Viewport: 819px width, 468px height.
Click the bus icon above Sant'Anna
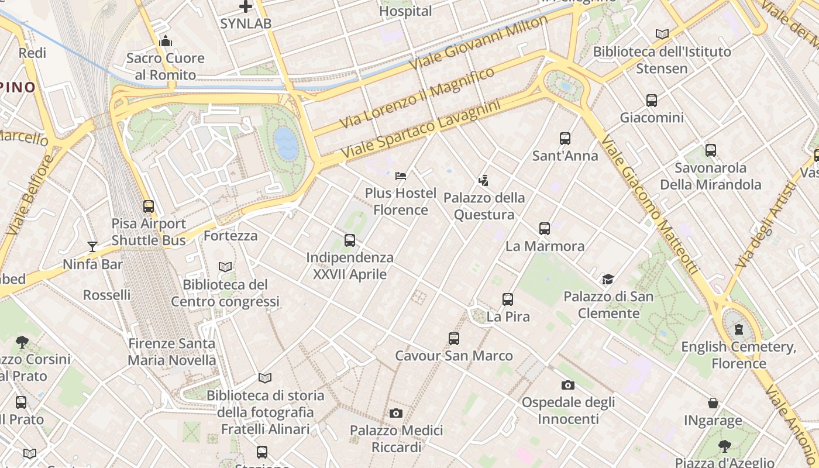click(x=565, y=139)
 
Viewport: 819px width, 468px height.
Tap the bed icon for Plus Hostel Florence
click(x=401, y=175)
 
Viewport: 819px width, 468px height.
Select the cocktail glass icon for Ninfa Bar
click(x=92, y=246)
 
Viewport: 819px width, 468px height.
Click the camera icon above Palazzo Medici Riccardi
click(x=396, y=414)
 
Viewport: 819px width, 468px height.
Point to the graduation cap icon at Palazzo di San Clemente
click(x=608, y=279)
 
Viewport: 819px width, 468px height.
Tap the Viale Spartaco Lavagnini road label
click(x=421, y=129)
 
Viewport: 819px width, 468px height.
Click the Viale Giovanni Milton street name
click(x=479, y=42)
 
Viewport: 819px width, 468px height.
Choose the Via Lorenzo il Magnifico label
click(x=417, y=98)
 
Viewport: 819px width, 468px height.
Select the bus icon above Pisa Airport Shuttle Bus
click(x=149, y=206)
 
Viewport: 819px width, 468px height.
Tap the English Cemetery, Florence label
click(x=739, y=355)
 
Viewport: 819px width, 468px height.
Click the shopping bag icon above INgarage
click(x=713, y=403)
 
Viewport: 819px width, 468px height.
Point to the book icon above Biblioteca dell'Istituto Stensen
click(x=662, y=34)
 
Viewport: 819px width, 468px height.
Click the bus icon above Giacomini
click(x=652, y=101)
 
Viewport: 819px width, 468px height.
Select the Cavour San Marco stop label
click(x=454, y=356)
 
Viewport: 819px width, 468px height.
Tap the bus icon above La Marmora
click(x=545, y=229)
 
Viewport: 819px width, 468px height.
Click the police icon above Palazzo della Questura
click(x=483, y=180)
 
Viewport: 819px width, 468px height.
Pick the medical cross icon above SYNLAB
click(x=246, y=7)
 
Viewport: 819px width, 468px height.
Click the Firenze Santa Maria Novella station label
click(x=172, y=352)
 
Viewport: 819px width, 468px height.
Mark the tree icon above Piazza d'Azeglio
click(x=725, y=446)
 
